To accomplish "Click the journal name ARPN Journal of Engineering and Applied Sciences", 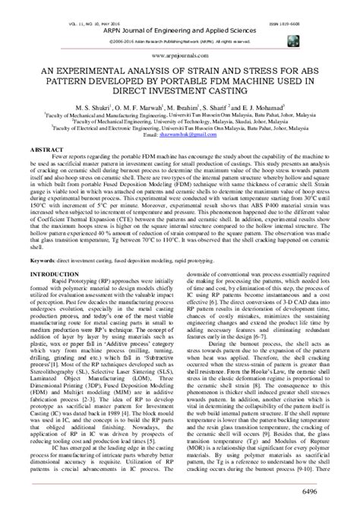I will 180,14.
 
